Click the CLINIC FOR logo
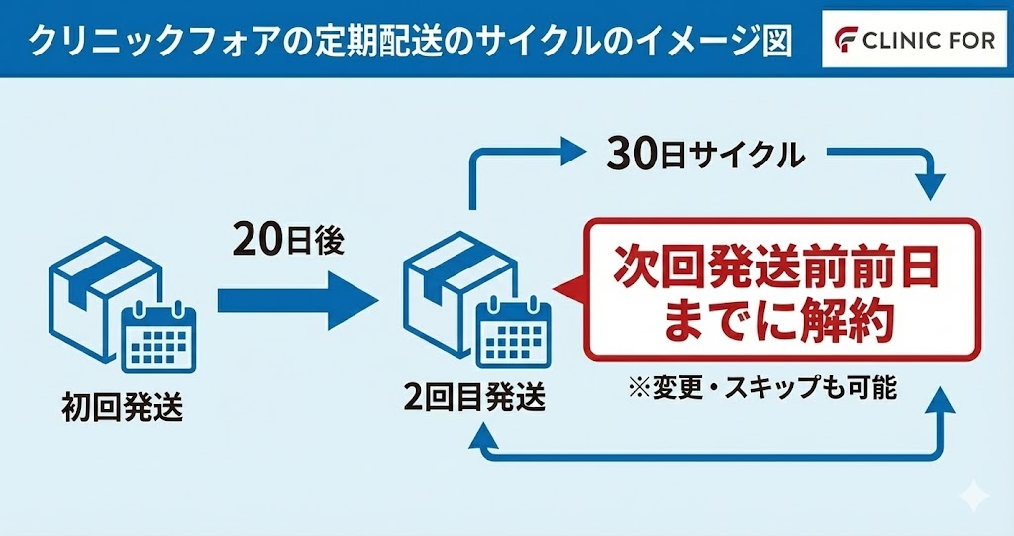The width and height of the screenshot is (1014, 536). pos(912,41)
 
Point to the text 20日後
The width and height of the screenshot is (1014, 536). pos(288,239)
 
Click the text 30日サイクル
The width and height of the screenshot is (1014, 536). pos(692,155)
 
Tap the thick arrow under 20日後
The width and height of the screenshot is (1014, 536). pos(296,296)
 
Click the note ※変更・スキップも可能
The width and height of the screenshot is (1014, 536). pos(761,387)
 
